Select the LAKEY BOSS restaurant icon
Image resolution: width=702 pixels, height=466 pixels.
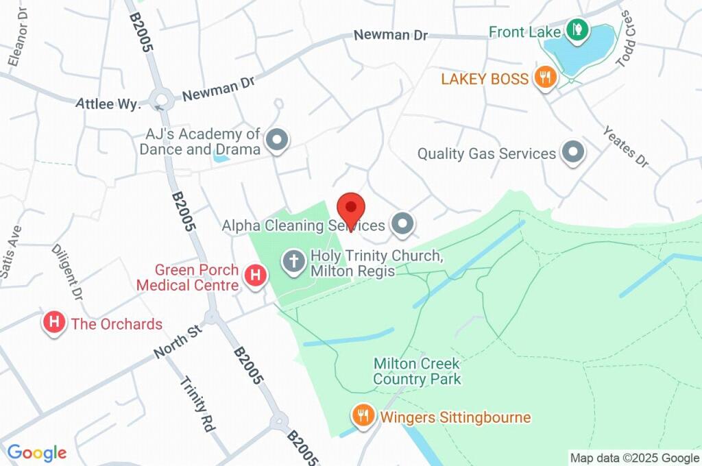546,77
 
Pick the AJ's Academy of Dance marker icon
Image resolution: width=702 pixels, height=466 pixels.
277,140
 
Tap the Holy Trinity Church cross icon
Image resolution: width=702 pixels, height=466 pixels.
294,262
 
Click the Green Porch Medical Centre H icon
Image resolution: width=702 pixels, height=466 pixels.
256,277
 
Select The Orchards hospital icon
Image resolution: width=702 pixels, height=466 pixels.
54,323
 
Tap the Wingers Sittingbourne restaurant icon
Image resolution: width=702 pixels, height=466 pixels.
363,415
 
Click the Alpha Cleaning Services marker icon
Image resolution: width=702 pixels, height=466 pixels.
402,223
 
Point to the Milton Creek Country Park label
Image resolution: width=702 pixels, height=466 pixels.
417,371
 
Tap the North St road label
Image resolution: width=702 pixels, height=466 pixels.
177,341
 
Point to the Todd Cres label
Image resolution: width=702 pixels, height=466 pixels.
628,39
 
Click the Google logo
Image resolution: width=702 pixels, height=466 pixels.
37,452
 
